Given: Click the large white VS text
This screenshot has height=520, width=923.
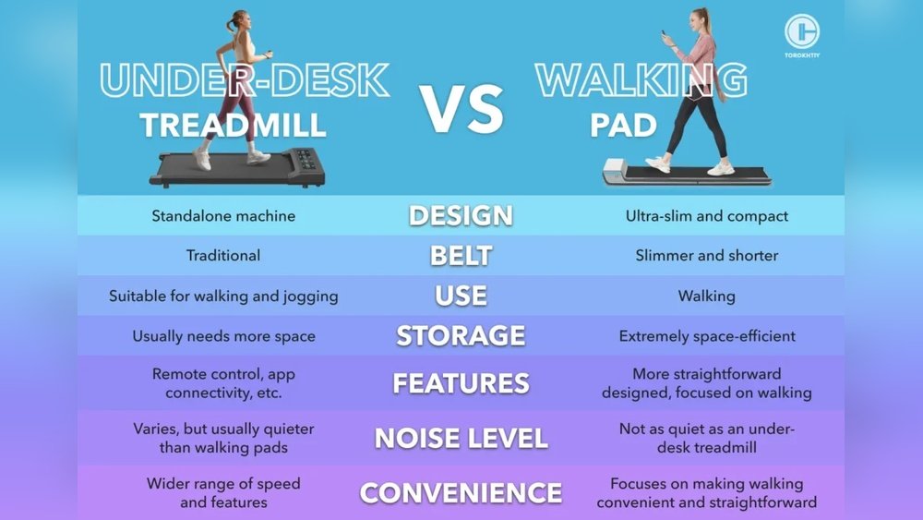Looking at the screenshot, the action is click(461, 109).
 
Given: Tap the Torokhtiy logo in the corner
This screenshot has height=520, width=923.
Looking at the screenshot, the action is click(802, 35).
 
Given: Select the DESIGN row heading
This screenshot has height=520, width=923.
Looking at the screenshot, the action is click(461, 215).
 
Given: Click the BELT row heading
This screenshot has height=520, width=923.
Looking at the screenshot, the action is click(461, 256).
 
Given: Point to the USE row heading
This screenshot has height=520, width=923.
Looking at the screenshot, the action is click(461, 296).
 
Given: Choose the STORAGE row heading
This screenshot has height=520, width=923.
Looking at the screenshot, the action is click(461, 335).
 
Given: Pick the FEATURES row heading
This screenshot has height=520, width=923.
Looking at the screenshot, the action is click(461, 383).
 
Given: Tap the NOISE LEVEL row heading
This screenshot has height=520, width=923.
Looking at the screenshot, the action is click(461, 438).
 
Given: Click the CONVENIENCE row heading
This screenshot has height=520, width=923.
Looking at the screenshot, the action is click(461, 493).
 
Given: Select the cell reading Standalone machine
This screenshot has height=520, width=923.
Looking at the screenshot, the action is click(223, 216).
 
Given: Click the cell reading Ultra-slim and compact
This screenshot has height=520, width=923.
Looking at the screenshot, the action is click(706, 216).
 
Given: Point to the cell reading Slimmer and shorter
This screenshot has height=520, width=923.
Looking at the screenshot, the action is click(706, 256).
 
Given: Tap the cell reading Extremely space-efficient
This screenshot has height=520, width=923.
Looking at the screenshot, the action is click(706, 336).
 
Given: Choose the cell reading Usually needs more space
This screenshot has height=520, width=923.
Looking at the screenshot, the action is click(223, 336).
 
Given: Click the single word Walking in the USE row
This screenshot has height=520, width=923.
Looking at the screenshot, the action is click(706, 296).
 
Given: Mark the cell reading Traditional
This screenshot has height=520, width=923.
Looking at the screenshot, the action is click(223, 256).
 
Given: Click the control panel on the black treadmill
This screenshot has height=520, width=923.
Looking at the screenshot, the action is click(306, 159).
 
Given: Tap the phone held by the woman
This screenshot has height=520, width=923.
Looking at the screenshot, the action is click(664, 35).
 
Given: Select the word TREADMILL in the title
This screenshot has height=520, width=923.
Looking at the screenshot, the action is click(234, 126).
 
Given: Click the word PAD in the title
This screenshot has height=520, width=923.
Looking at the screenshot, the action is click(623, 126).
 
